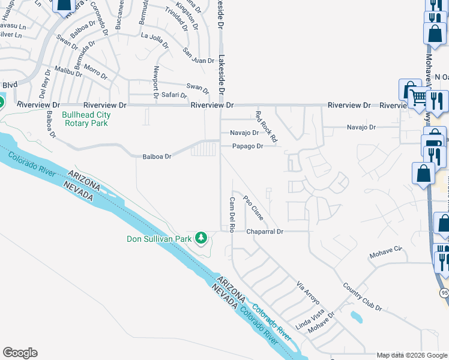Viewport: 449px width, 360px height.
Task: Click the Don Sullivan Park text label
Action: (159, 239)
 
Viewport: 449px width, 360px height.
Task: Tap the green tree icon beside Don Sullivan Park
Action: (202, 239)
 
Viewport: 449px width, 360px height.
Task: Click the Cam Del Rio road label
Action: (231, 214)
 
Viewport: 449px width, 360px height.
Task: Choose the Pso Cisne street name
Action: (253, 208)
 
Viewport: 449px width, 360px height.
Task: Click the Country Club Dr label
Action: (362, 296)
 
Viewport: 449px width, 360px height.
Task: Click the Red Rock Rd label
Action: (266, 127)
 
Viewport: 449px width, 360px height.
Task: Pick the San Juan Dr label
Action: (199, 56)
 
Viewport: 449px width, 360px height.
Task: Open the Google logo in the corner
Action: (20, 353)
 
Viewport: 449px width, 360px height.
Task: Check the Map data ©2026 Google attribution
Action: (412, 355)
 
